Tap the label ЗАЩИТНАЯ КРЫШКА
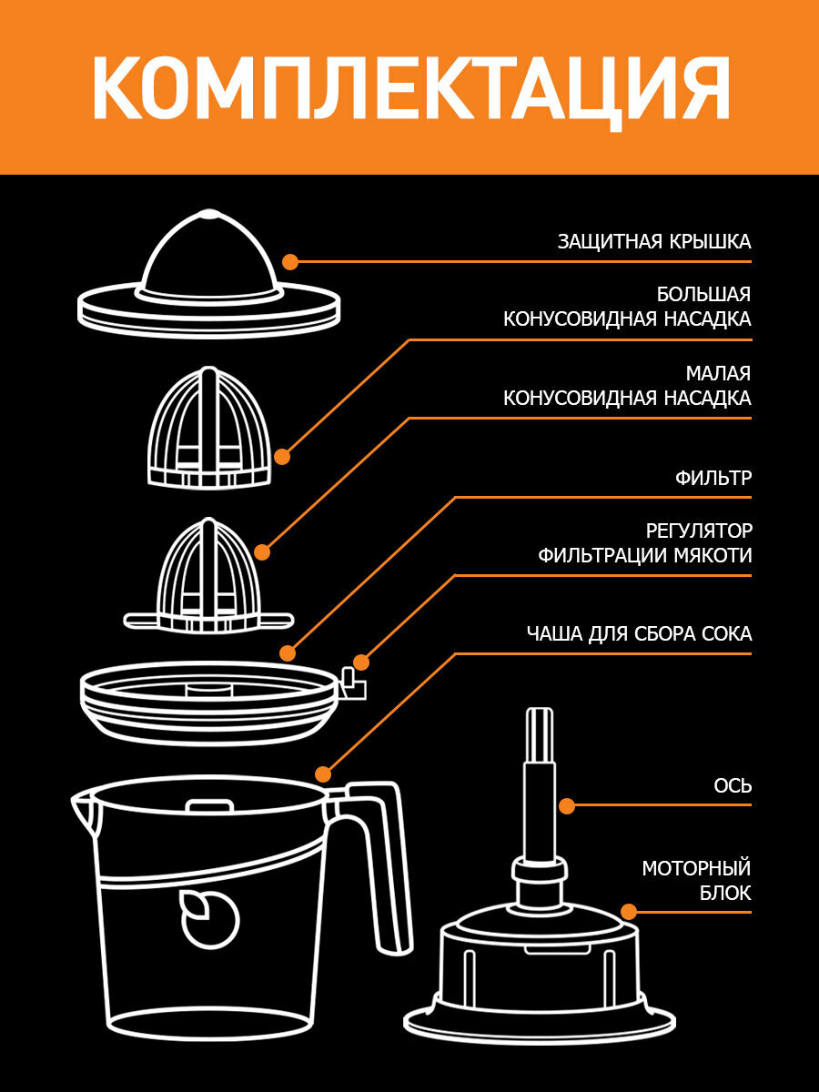click(654, 242)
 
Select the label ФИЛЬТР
click(713, 478)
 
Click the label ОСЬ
click(733, 785)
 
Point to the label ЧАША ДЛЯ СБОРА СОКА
click(639, 634)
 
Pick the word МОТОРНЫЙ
click(696, 868)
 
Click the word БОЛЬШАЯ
click(703, 295)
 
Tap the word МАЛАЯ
click(718, 374)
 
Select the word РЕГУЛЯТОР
click(699, 531)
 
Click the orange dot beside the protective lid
click(290, 262)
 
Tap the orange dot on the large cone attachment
click(282, 457)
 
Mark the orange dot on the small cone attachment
click(263, 551)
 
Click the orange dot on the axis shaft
click(566, 805)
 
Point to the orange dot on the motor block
click(629, 911)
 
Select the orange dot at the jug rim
click(322, 773)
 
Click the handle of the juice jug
click(388, 874)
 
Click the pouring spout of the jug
click(84, 806)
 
